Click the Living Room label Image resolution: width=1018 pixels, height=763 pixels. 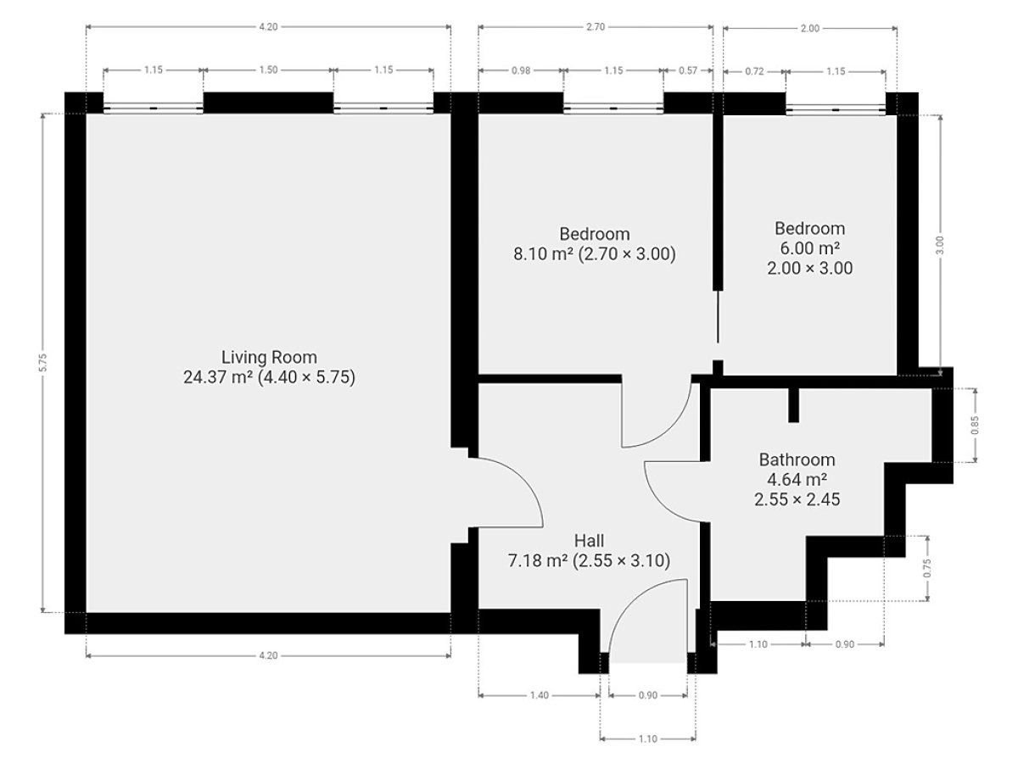pyautogui.click(x=269, y=357)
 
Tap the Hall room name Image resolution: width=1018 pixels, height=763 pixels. pyautogui.click(x=589, y=541)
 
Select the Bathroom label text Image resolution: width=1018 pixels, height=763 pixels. pyautogui.click(x=797, y=459)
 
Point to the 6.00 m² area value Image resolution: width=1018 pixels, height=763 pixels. pyautogui.click(x=809, y=248)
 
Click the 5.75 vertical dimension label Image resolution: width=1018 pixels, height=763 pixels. pyautogui.click(x=43, y=363)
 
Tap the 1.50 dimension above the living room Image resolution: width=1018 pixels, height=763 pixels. pyautogui.click(x=268, y=70)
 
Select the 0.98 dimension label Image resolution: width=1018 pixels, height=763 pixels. pyautogui.click(x=520, y=70)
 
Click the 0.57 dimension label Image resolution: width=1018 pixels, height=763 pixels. pyautogui.click(x=688, y=70)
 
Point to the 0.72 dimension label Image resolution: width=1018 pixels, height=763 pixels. pyautogui.click(x=754, y=71)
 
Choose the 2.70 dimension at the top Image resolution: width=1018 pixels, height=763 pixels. pyautogui.click(x=596, y=27)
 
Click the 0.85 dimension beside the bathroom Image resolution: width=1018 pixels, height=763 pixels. pyautogui.click(x=975, y=426)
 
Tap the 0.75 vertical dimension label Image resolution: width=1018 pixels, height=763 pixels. pyautogui.click(x=927, y=568)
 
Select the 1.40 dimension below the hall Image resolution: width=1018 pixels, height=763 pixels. pyautogui.click(x=540, y=695)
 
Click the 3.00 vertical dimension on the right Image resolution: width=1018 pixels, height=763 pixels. pyautogui.click(x=940, y=245)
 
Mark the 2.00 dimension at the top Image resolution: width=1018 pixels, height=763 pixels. pyautogui.click(x=810, y=28)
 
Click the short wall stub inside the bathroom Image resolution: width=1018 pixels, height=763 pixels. pyautogui.click(x=793, y=405)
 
